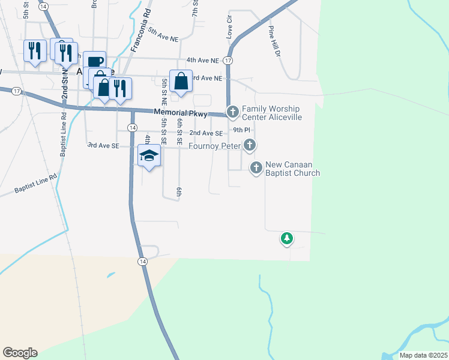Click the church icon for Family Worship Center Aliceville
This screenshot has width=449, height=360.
pyautogui.click(x=233, y=111)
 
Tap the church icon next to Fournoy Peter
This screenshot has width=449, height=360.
pyautogui.click(x=250, y=145)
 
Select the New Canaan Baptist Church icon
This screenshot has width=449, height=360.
pyautogui.click(x=256, y=167)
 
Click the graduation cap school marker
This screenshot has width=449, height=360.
pyautogui.click(x=149, y=155)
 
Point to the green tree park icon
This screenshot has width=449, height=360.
pyautogui.click(x=287, y=239)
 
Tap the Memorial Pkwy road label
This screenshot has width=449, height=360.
pyautogui.click(x=180, y=113)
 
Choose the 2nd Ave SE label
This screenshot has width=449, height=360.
pyautogui.click(x=206, y=133)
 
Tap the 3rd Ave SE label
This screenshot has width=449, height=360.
pyautogui.click(x=104, y=145)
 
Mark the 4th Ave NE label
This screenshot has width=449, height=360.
pyautogui.click(x=203, y=60)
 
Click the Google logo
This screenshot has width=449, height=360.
pyautogui.click(x=20, y=352)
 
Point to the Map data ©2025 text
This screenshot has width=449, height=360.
pyautogui.click(x=423, y=355)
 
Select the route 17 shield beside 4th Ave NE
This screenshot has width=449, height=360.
pyautogui.click(x=228, y=61)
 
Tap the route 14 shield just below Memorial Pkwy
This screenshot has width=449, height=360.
pyautogui.click(x=133, y=127)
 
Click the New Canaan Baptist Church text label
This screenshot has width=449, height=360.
pyautogui.click(x=293, y=169)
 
